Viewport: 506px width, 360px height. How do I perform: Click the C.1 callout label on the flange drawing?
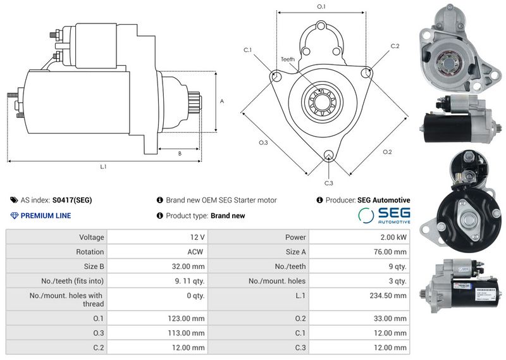click(247, 50)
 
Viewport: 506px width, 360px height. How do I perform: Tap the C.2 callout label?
click(395, 46)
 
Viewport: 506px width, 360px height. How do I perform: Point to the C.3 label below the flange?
click(328, 183)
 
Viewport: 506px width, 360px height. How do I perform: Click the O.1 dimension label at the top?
click(321, 6)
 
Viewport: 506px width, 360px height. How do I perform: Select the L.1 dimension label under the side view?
click(103, 166)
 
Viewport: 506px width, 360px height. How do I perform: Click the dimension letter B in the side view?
click(180, 154)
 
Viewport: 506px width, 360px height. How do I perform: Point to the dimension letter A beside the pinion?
click(222, 101)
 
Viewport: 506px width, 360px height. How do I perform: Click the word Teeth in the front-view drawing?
click(288, 59)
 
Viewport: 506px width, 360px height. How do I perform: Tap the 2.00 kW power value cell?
click(393, 237)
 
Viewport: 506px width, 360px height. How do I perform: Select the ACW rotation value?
click(195, 252)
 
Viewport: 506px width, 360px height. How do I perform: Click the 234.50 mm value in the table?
click(388, 295)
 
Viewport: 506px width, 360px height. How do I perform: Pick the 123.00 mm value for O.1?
click(186, 318)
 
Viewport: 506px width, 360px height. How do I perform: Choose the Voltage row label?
click(92, 237)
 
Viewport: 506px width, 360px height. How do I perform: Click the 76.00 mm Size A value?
click(390, 252)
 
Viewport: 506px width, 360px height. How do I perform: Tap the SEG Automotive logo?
click(384, 215)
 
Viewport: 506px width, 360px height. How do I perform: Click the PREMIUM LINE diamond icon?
click(14, 216)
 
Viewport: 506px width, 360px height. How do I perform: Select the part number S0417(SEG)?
click(72, 200)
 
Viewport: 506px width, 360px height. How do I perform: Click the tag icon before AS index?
click(14, 200)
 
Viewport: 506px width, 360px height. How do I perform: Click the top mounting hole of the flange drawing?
click(321, 25)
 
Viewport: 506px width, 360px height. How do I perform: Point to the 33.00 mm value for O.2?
click(390, 318)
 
